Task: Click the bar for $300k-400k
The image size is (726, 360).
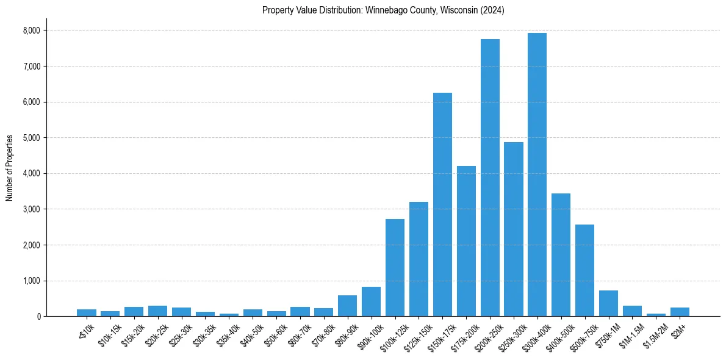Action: (537, 175)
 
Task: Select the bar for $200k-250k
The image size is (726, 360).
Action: (490, 178)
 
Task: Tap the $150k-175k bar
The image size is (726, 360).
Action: (442, 204)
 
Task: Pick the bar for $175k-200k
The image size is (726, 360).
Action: (466, 241)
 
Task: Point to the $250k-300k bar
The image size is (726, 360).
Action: (514, 229)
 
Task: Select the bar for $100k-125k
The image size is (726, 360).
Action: (395, 268)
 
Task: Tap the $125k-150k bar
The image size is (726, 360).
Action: (419, 259)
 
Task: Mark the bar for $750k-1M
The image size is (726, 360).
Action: (608, 303)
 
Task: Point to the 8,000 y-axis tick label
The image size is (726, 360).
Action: (31, 31)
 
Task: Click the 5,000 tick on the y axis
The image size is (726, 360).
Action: (31, 138)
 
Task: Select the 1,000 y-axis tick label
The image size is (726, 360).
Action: (31, 281)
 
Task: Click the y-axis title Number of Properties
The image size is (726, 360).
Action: (10, 168)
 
